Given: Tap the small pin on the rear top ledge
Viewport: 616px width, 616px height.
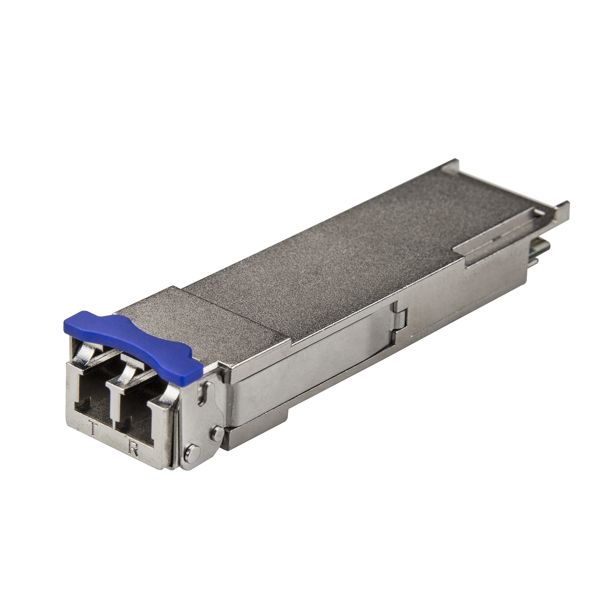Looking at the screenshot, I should (x=538, y=212).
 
